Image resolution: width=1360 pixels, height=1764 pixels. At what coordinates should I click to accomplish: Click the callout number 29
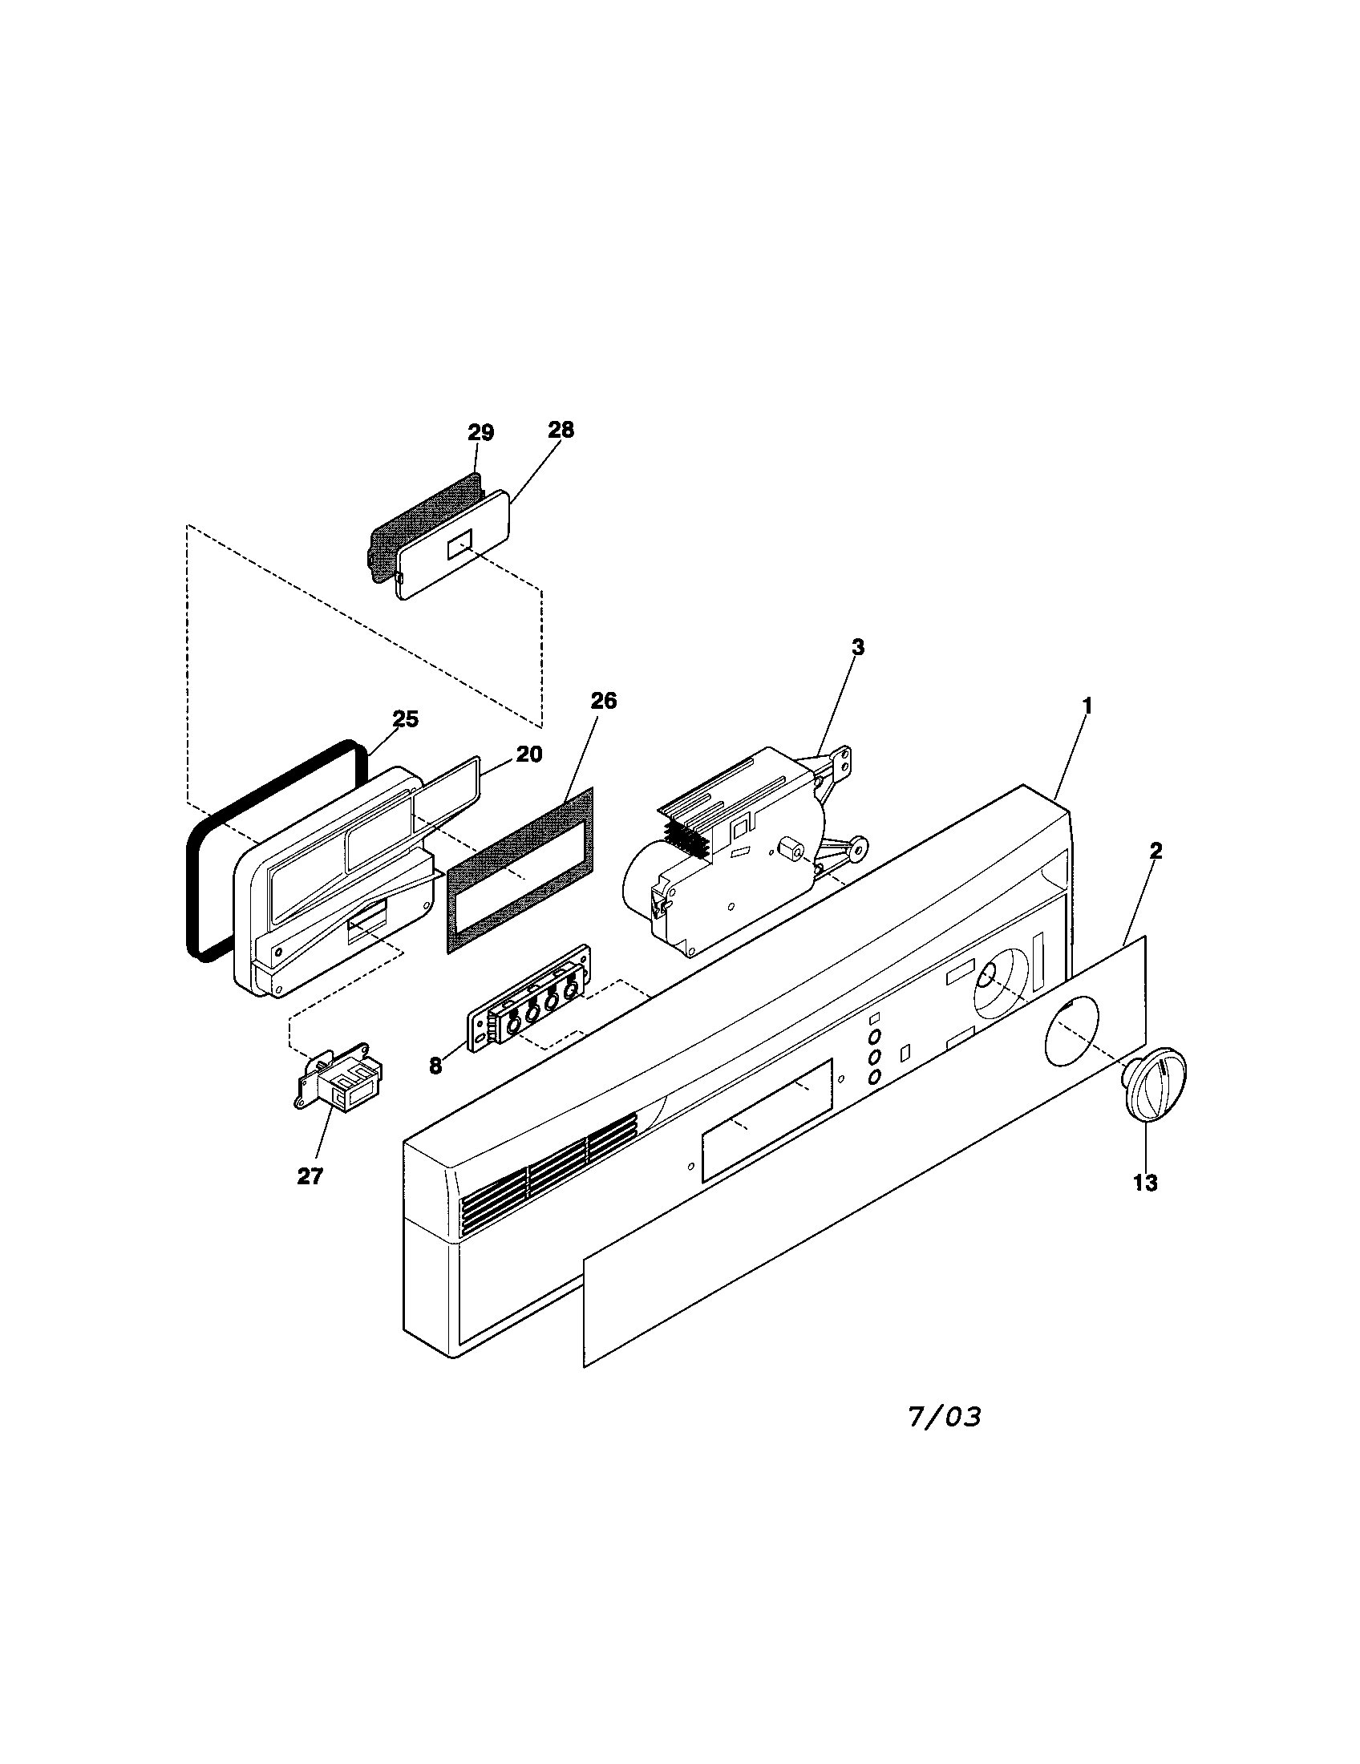point(480,433)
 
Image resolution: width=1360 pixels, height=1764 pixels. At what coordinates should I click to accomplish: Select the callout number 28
point(561,430)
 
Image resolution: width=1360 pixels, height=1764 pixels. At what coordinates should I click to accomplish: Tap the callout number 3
point(858,647)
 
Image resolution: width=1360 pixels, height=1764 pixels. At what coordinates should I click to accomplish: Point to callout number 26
point(603,701)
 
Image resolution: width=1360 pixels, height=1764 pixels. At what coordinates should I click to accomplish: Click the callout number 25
point(406,719)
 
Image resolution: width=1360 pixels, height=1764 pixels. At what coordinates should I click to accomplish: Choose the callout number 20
point(529,755)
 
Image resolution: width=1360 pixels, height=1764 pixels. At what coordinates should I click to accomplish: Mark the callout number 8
point(435,1066)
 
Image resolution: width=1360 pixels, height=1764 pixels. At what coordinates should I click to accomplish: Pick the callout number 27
point(310,1177)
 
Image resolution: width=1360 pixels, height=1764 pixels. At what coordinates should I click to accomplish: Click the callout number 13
point(1144,1183)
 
